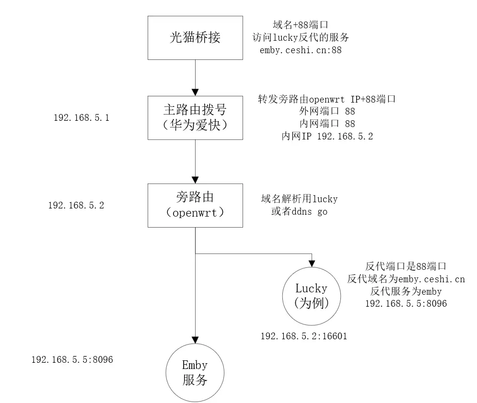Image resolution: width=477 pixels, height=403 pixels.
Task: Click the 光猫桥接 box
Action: coord(195,37)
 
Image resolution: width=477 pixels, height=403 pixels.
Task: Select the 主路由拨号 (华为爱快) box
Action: coord(195,117)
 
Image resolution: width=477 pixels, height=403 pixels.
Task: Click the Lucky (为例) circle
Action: coord(312,296)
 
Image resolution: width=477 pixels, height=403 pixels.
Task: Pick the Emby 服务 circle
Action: coord(195,372)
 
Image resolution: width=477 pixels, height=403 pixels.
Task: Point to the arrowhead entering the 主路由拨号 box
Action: coord(195,92)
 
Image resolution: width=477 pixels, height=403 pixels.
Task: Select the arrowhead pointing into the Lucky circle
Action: coord(312,263)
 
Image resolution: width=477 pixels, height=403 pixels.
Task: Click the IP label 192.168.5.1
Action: coord(81,117)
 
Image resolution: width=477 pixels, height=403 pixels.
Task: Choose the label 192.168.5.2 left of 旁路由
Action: coord(76,205)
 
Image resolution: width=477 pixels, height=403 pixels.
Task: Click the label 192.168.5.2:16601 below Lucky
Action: coord(303,336)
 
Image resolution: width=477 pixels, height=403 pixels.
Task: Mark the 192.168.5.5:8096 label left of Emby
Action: coord(72,359)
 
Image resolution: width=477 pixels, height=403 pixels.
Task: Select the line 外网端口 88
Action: coord(326,112)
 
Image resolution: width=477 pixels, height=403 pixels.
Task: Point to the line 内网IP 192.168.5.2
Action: coord(327,137)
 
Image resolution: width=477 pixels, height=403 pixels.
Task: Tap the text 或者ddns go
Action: coord(300,211)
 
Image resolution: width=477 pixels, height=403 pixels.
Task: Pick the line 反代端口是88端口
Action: coord(406,266)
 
